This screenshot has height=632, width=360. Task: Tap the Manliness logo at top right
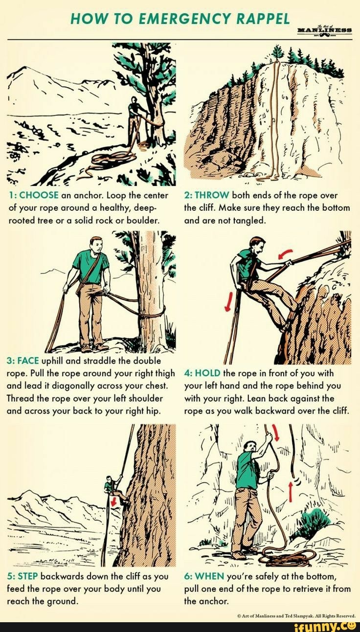click(328, 30)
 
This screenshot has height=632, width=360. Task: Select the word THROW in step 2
click(209, 195)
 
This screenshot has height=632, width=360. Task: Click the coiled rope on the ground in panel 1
click(110, 159)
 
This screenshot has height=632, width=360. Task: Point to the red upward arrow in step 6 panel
click(291, 492)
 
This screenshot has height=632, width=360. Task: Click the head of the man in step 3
click(96, 243)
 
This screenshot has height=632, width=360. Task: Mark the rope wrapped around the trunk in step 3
click(151, 312)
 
